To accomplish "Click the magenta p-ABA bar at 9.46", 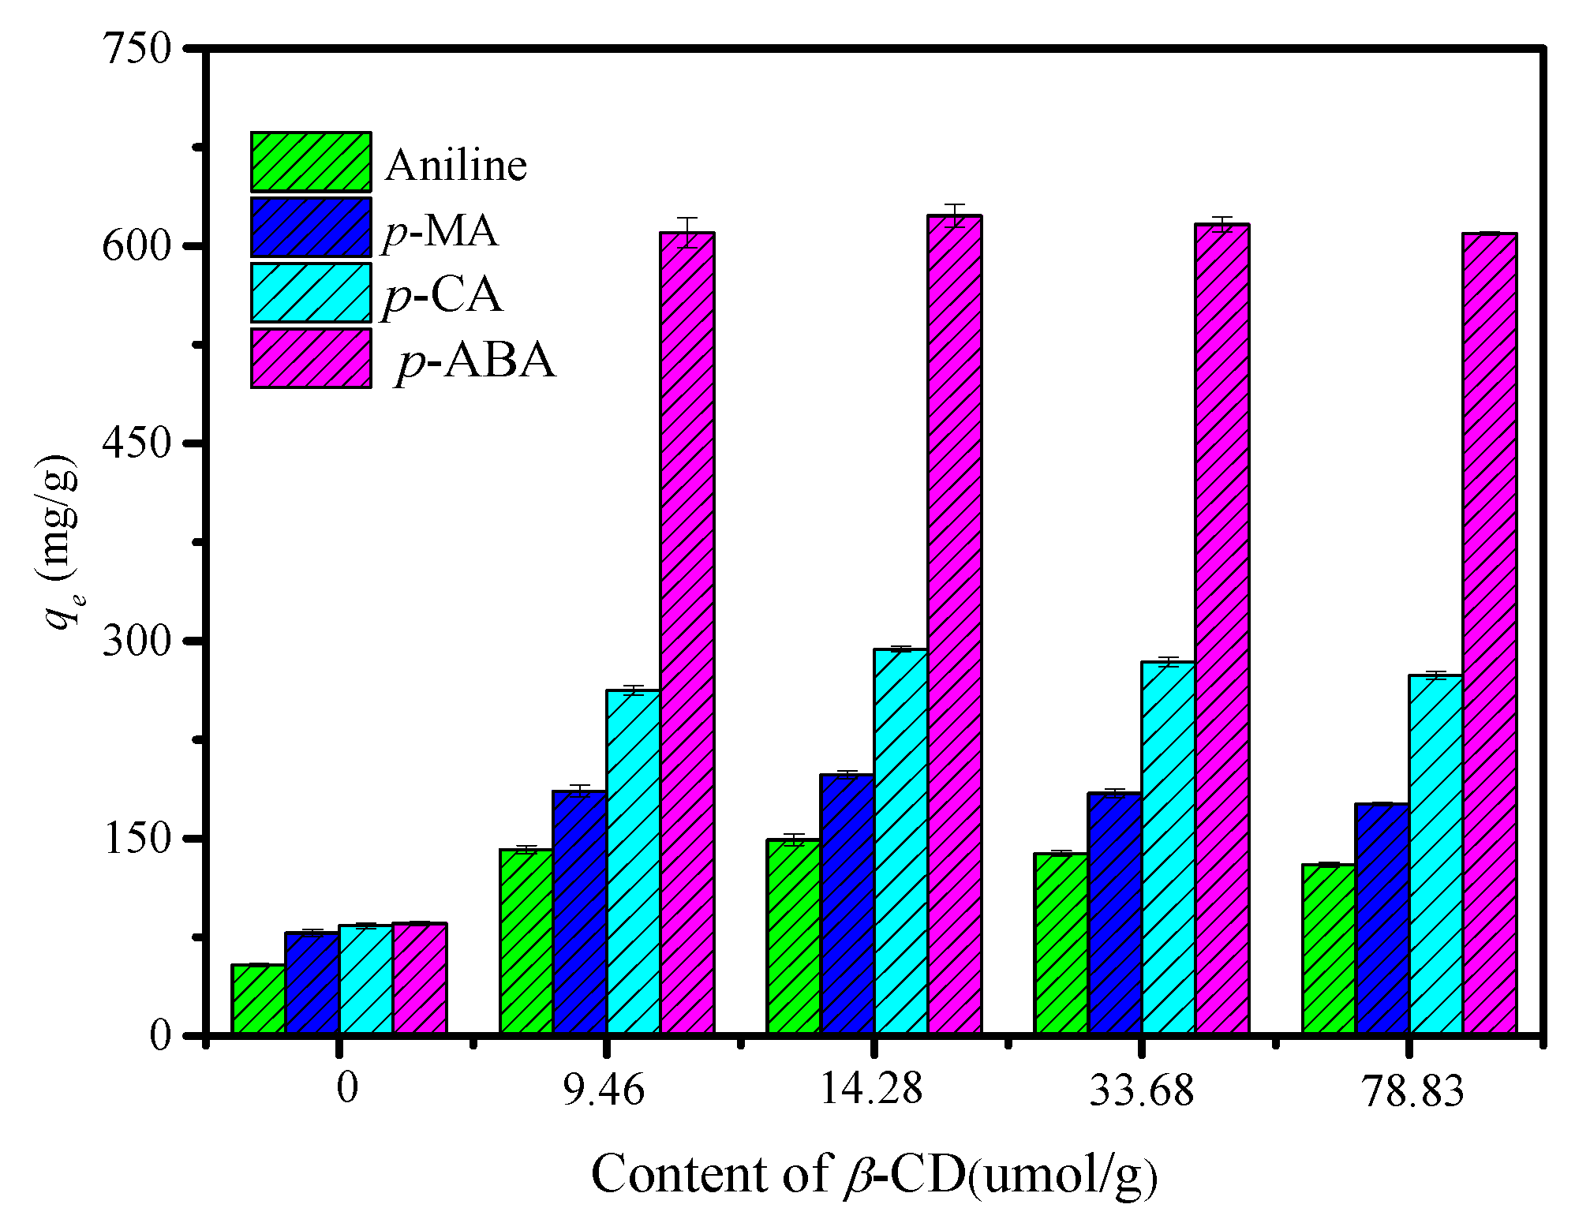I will (687, 631).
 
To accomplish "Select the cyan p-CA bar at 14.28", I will (900, 840).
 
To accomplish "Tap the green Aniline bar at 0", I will (258, 998).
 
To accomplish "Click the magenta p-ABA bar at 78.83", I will (1490, 631).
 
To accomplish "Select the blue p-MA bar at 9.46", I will (579, 911).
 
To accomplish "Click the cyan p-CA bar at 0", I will (365, 978).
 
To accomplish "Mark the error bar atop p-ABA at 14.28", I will (955, 215).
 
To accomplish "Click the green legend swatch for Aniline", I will (311, 162).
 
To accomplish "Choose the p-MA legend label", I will (440, 231).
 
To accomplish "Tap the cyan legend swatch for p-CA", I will (311, 293).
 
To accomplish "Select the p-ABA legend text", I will (476, 361).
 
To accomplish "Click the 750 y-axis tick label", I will (137, 49).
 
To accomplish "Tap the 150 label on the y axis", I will (137, 838).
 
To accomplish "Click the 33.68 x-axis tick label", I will (1142, 1090).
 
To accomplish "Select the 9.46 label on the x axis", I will (604, 1090).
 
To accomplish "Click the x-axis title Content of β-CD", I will (874, 1174).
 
